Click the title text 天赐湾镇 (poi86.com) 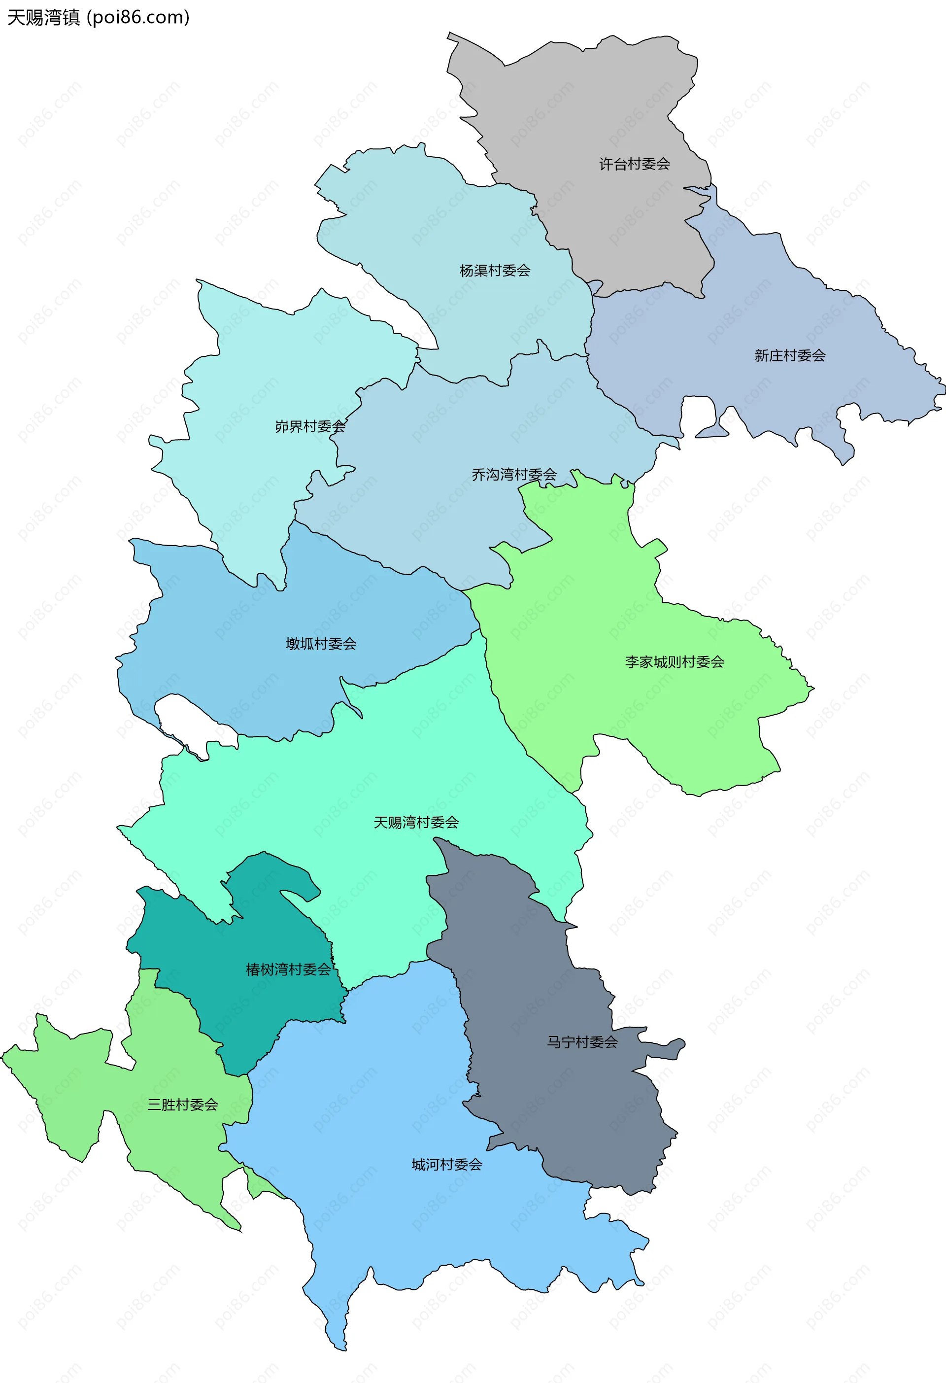[98, 17]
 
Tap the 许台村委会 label [634, 164]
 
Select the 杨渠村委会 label [495, 271]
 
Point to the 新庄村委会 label [790, 355]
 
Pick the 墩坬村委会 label [321, 643]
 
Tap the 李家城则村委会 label [675, 662]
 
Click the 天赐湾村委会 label [416, 823]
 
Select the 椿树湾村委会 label [289, 969]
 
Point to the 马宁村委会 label [582, 1041]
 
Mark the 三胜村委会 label [183, 1105]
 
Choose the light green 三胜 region [66, 1071]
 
